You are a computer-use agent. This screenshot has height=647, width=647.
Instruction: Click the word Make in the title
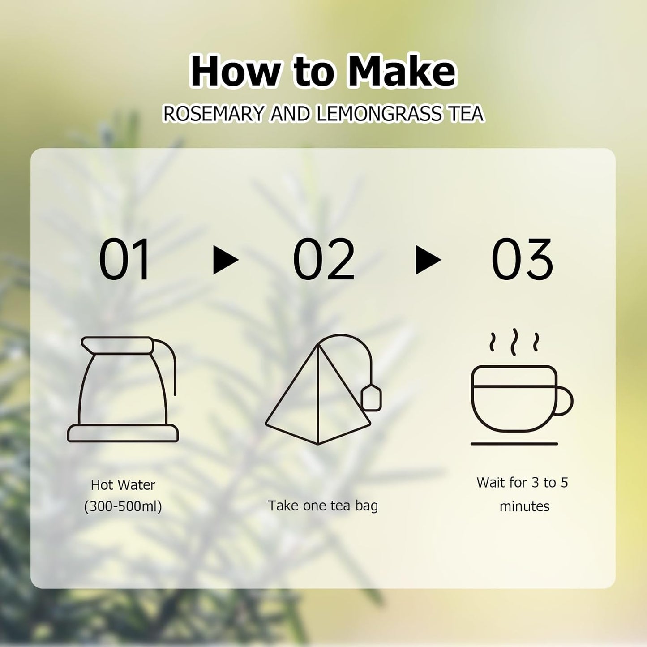(x=402, y=72)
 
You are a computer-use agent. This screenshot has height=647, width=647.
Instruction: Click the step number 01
(x=124, y=260)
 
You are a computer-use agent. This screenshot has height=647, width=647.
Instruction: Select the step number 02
(x=324, y=260)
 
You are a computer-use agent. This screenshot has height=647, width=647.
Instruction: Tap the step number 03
(x=522, y=260)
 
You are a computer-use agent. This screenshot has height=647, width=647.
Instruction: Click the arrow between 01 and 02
(x=226, y=260)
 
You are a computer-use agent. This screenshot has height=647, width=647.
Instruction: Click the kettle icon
(x=122, y=390)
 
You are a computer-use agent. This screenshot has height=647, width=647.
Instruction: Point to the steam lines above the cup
(x=514, y=343)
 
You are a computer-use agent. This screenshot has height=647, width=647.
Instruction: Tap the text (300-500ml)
(x=123, y=506)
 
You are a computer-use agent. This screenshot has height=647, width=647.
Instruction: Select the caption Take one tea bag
(x=323, y=506)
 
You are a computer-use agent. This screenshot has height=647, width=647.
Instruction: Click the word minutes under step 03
(x=524, y=506)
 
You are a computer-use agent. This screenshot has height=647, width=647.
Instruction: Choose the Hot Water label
(x=123, y=484)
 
